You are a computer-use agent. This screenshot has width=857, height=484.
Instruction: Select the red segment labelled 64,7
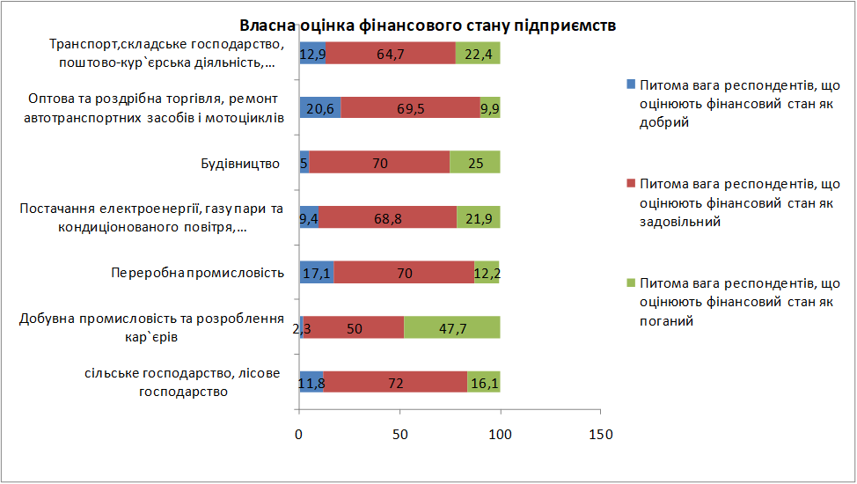coord(390,54)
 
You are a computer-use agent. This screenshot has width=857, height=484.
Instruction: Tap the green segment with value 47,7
coord(452,327)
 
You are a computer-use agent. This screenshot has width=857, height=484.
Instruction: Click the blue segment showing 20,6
coord(319,108)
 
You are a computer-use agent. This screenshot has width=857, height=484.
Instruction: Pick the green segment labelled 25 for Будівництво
coord(475,163)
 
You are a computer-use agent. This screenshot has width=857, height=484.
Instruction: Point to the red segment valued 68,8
coord(387,217)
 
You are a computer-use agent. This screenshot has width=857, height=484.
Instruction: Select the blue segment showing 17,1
coord(316,273)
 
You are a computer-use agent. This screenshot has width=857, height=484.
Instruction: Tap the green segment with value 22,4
coord(478,54)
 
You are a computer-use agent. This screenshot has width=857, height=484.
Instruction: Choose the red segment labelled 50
coord(354,327)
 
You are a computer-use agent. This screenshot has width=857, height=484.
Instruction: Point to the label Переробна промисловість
coord(197,273)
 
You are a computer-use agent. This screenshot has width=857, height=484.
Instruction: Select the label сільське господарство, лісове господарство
coord(183,382)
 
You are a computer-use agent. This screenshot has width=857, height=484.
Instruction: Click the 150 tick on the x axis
coord(600,434)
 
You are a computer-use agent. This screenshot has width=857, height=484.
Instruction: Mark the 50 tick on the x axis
coord(399,434)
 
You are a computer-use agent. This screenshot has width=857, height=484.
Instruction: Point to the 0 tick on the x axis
coord(299,434)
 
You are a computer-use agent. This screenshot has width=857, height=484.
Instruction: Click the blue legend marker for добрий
coord(630,85)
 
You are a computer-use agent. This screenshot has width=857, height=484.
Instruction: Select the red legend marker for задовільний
coord(630,185)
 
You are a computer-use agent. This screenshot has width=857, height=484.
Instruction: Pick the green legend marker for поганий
coord(630,284)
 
